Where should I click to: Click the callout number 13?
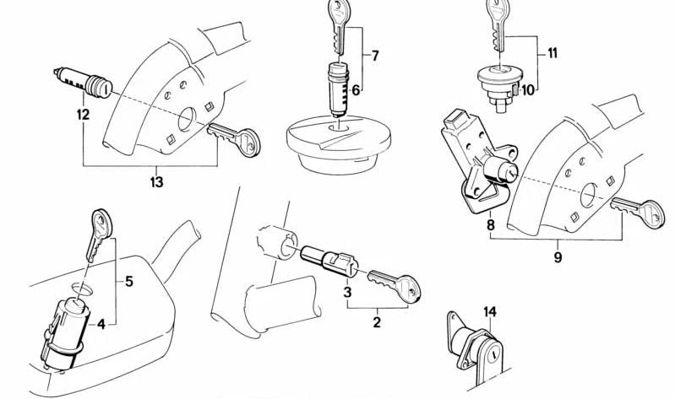click(x=156, y=182)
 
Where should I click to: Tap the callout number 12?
click(x=83, y=115)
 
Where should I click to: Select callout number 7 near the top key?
click(x=375, y=56)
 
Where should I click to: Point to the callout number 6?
click(x=356, y=90)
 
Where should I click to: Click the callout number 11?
click(x=553, y=53)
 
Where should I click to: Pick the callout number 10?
click(x=527, y=90)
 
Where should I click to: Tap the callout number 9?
click(x=558, y=257)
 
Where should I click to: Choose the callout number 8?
click(x=491, y=225)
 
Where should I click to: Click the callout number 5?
click(x=129, y=282)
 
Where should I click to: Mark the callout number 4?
click(x=101, y=324)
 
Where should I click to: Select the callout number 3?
click(x=347, y=293)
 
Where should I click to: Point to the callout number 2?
click(x=377, y=322)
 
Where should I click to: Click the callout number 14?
click(x=490, y=312)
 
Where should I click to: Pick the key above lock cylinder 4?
click(x=99, y=235)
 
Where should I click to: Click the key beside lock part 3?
click(x=394, y=284)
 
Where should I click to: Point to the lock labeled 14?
click(x=476, y=348)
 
